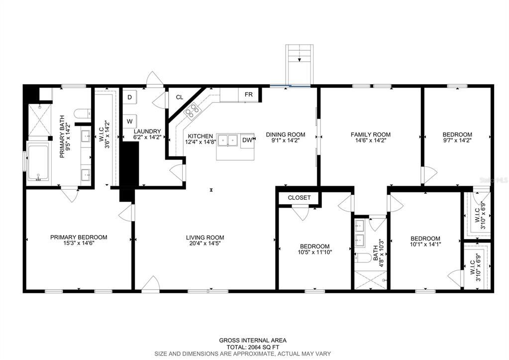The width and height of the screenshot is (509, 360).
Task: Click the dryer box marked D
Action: tap(129, 97)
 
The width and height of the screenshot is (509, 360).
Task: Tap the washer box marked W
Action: tap(129, 121)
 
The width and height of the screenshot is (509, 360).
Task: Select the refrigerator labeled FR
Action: tap(248, 95)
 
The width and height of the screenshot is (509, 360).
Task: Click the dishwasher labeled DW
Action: tap(247, 140)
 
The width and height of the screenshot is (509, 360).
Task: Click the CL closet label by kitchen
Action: tap(180, 97)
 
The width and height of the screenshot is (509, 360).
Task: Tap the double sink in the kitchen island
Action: tap(227, 140)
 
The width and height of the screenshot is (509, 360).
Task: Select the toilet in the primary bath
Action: tap(82, 114)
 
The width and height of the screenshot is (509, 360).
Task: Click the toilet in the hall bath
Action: tap(363, 258)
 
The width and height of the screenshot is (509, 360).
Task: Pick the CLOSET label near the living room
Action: tap(300, 198)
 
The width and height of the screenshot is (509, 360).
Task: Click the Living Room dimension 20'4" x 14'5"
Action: tap(205, 243)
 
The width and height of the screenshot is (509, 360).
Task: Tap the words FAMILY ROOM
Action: tap(370, 134)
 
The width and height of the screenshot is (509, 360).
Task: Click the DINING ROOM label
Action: tap(286, 134)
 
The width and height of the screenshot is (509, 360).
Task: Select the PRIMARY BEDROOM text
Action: tap(79, 238)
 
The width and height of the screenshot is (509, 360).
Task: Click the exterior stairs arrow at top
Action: tap(300, 59)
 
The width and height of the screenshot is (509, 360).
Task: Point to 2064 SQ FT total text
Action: tap(253, 347)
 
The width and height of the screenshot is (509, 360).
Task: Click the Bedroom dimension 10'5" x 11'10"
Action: tap(314, 252)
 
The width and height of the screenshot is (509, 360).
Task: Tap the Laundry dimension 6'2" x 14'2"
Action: tap(147, 137)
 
